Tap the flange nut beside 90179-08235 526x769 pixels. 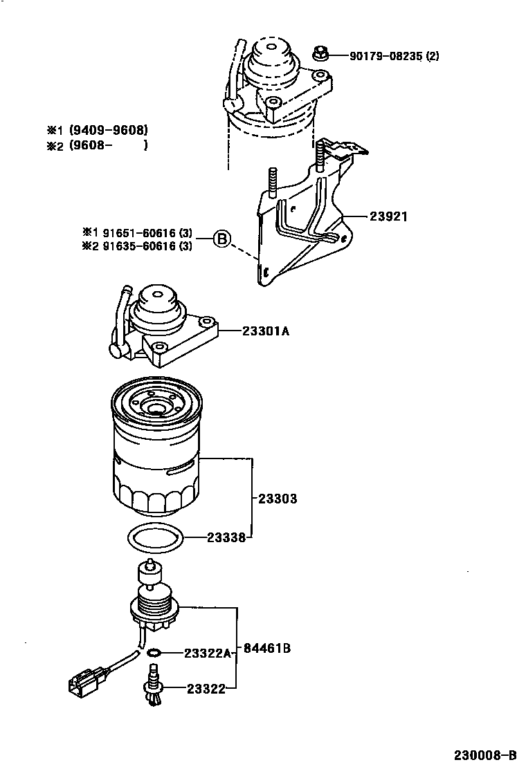(320, 53)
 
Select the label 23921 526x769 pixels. (388, 216)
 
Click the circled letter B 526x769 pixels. (221, 239)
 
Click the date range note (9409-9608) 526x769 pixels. (108, 130)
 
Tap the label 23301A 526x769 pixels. (266, 331)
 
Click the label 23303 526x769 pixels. (278, 498)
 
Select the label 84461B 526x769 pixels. (266, 649)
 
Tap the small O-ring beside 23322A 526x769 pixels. (154, 652)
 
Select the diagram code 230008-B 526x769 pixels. (484, 754)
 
